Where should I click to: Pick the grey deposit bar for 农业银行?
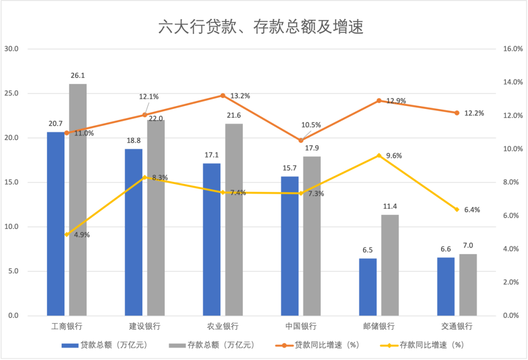234,219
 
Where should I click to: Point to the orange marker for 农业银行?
222,95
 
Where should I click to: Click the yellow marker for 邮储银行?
378,155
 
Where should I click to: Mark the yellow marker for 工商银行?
66,234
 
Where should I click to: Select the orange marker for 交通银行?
457,113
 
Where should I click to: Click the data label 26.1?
78,76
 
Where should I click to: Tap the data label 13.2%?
240,96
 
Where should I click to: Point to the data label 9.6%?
394,156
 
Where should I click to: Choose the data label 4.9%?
82,235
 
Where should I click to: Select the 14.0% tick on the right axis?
512,82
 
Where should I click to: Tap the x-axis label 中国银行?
301,326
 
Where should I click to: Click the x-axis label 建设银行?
145,326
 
